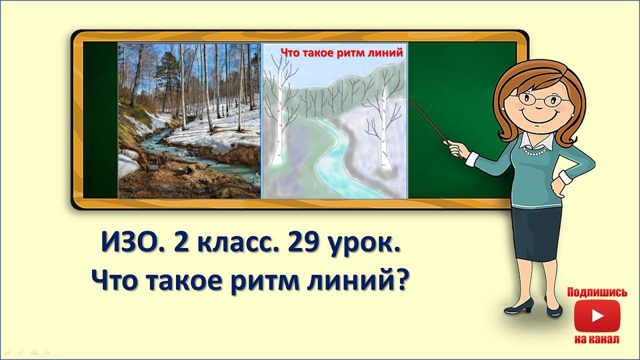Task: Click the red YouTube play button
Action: coord(597,315)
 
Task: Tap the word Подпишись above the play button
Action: coord(597,292)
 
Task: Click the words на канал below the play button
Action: coord(597,339)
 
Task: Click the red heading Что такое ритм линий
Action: coord(342,52)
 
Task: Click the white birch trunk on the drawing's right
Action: coord(385,130)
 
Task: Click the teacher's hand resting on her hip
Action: coord(554,190)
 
